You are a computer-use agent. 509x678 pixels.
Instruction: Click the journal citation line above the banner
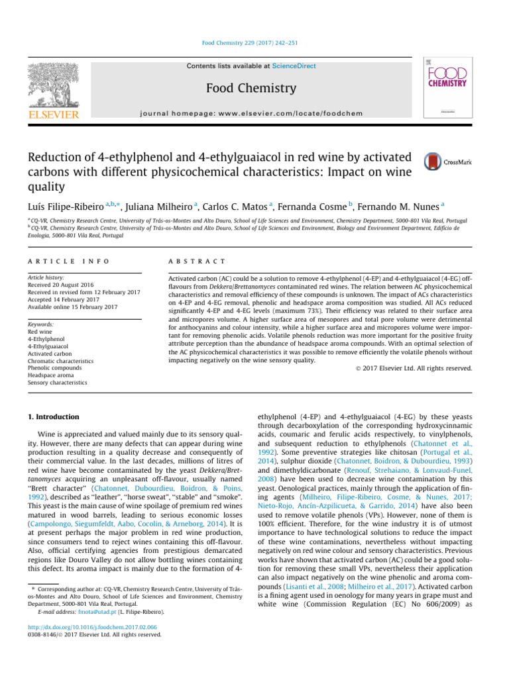pos(254,43)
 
